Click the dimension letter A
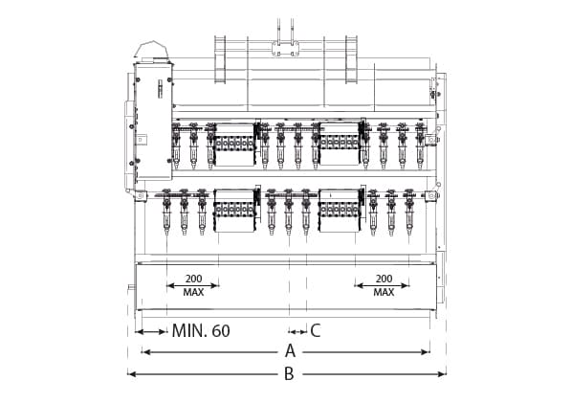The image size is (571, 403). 290,351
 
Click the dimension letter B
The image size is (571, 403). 289,373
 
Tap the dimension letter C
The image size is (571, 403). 315,331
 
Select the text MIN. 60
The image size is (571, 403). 201,331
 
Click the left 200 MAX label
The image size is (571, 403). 192,284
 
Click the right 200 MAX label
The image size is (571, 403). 384,284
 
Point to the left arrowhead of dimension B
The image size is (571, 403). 132,373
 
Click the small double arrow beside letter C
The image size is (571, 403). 296,332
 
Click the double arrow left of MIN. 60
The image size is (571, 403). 151,332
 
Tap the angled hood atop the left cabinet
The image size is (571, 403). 153,50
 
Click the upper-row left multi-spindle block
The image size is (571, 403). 234,141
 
